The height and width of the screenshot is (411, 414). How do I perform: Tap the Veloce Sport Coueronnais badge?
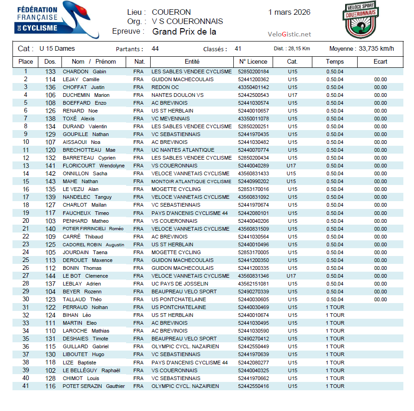(361, 19)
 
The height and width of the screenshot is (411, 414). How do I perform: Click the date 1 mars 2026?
(289, 12)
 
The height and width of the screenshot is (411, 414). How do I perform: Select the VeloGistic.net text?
(289, 34)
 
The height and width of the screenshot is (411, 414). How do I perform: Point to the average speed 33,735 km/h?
(376, 49)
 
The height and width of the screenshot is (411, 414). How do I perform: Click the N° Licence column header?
(253, 62)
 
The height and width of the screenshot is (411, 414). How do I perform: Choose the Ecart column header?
(380, 62)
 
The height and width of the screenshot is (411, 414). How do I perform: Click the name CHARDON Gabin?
(84, 71)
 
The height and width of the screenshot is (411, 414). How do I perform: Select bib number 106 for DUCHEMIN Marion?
(50, 95)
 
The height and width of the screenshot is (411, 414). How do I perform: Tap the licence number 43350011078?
(253, 119)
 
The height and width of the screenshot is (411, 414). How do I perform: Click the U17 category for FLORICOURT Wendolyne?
(291, 166)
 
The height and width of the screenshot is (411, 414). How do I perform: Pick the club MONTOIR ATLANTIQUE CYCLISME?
(191, 181)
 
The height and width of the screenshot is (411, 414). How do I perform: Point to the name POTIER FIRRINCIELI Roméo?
(93, 229)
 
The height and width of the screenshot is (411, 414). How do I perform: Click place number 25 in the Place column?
(26, 260)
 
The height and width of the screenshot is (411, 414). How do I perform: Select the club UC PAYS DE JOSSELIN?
(180, 284)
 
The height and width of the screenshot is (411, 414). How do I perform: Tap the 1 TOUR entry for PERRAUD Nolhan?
(335, 307)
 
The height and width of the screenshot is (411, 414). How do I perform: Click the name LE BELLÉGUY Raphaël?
(91, 370)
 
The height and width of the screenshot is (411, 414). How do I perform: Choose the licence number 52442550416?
(253, 386)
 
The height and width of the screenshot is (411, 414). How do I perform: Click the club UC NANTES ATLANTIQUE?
(183, 150)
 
